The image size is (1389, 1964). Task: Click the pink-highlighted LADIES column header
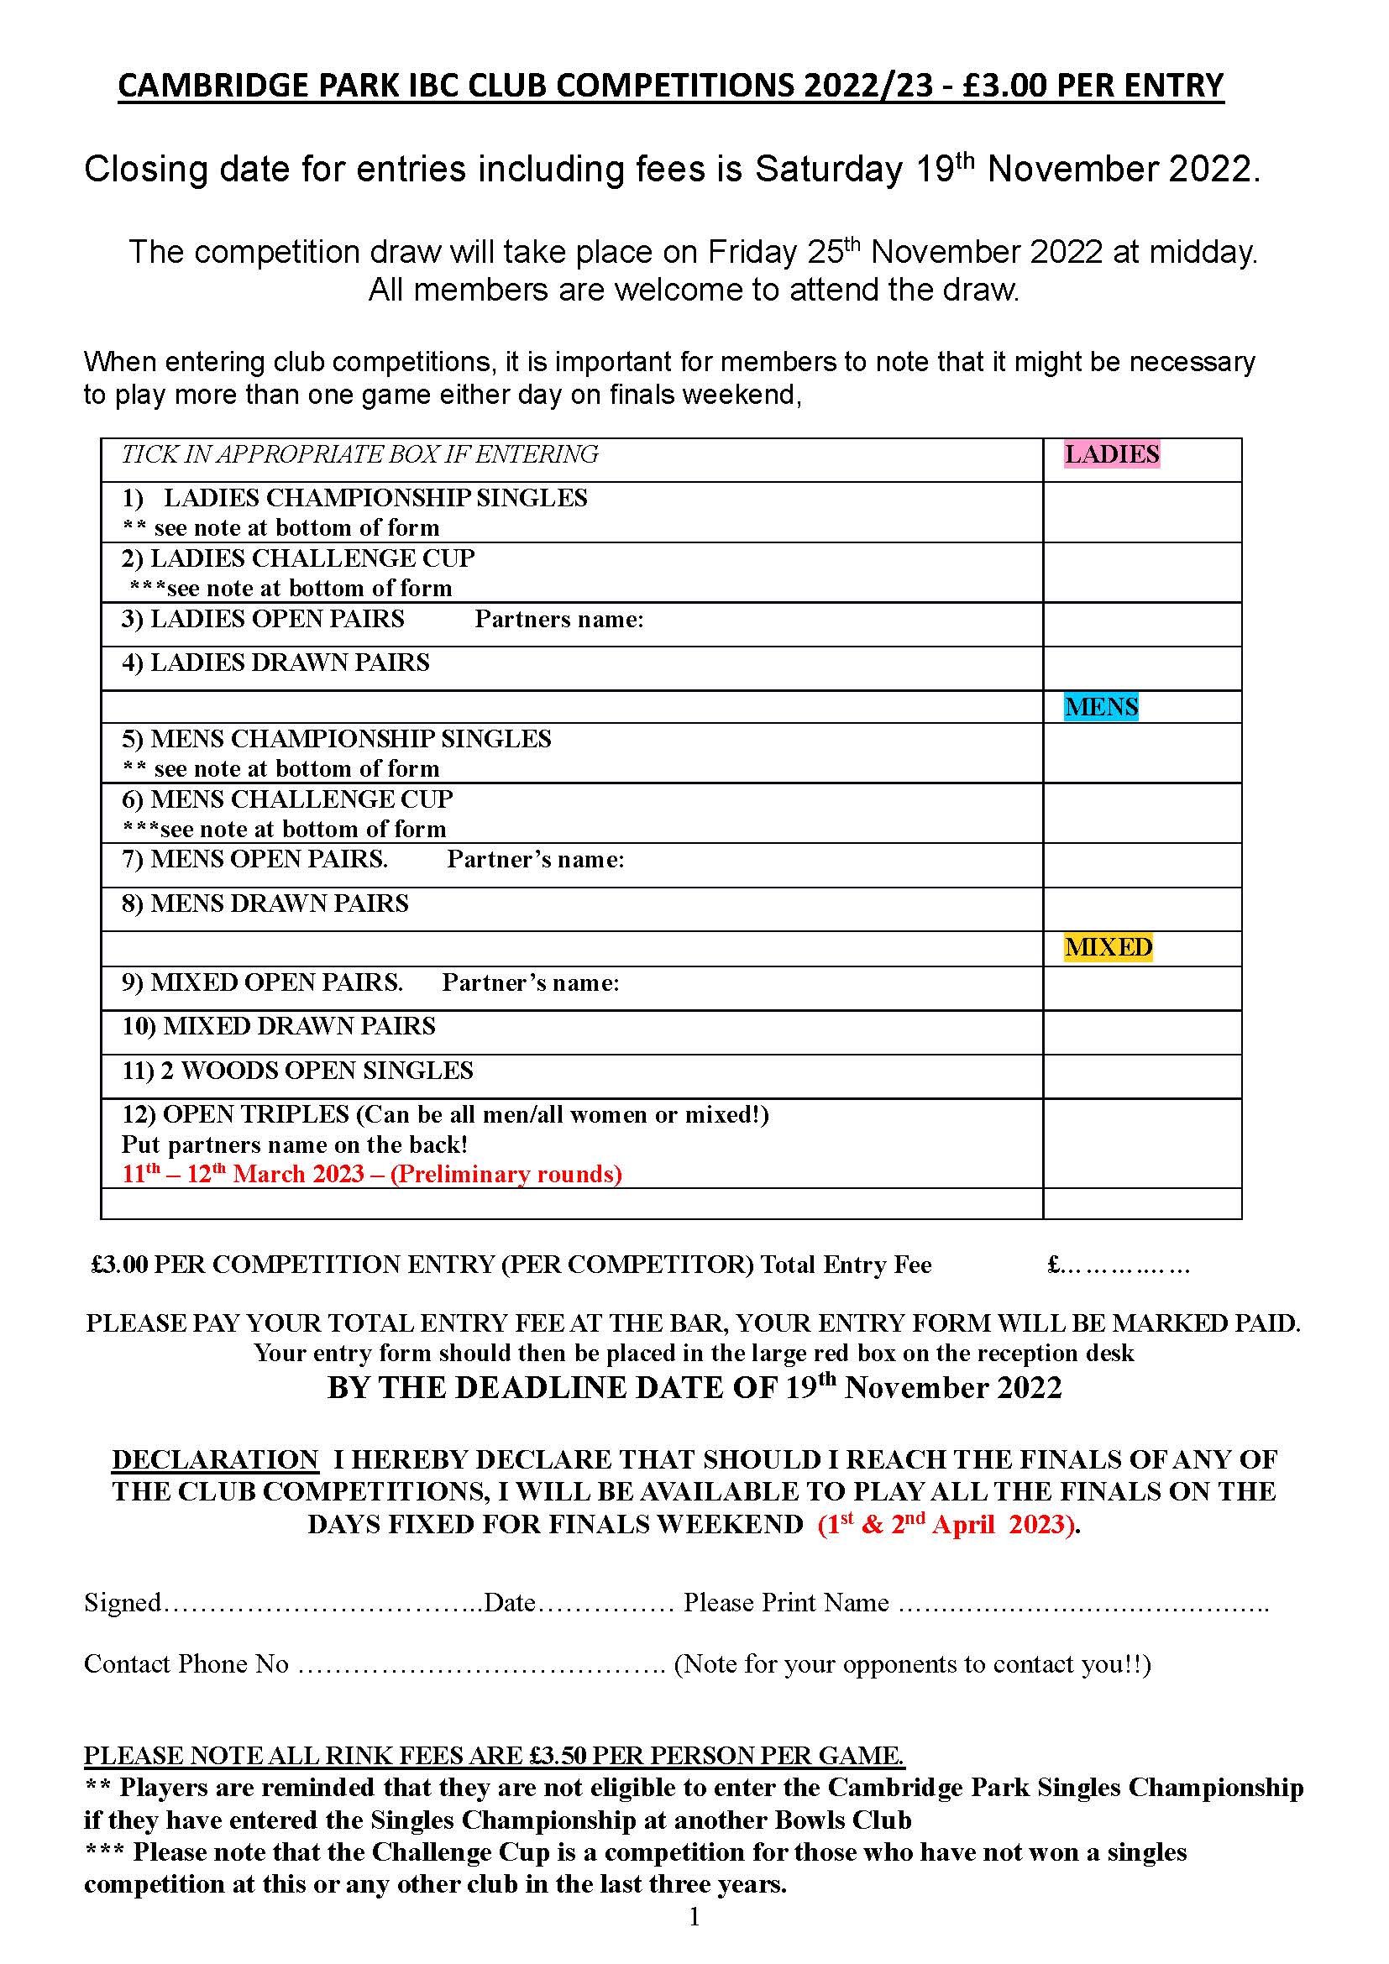[1111, 454]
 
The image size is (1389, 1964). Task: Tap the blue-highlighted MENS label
[1101, 707]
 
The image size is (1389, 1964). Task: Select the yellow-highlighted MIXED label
[1108, 948]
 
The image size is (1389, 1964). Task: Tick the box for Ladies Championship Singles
[1141, 512]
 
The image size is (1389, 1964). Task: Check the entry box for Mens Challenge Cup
[1141, 814]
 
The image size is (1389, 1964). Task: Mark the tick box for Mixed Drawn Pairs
[1141, 1033]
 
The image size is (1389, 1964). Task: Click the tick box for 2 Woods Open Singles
[1141, 1077]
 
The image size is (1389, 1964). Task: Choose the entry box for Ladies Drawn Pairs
[1141, 669]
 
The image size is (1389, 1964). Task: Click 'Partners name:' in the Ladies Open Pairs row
[559, 620]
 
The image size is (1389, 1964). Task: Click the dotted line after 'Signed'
[322, 1603]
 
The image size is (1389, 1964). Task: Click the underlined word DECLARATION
[215, 1459]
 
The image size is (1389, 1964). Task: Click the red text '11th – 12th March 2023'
[244, 1174]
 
